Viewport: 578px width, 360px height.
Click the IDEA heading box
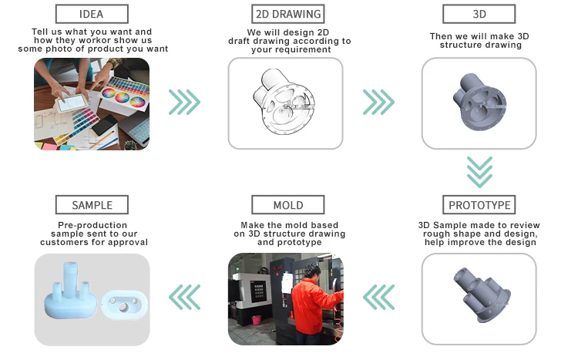click(92, 13)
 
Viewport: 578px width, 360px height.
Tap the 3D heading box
click(479, 13)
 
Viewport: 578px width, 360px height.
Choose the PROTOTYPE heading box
click(479, 205)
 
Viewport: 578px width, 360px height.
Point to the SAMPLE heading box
click(92, 205)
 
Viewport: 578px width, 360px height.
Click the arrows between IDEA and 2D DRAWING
click(185, 102)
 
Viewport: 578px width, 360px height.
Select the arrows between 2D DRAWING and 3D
click(378, 102)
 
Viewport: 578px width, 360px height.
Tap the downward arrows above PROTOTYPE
click(479, 172)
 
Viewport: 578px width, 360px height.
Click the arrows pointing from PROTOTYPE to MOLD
click(378, 295)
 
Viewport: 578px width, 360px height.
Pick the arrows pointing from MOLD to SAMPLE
click(185, 295)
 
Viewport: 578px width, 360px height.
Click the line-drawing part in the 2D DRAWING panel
click(282, 103)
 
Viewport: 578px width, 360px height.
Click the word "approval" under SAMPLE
click(126, 242)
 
